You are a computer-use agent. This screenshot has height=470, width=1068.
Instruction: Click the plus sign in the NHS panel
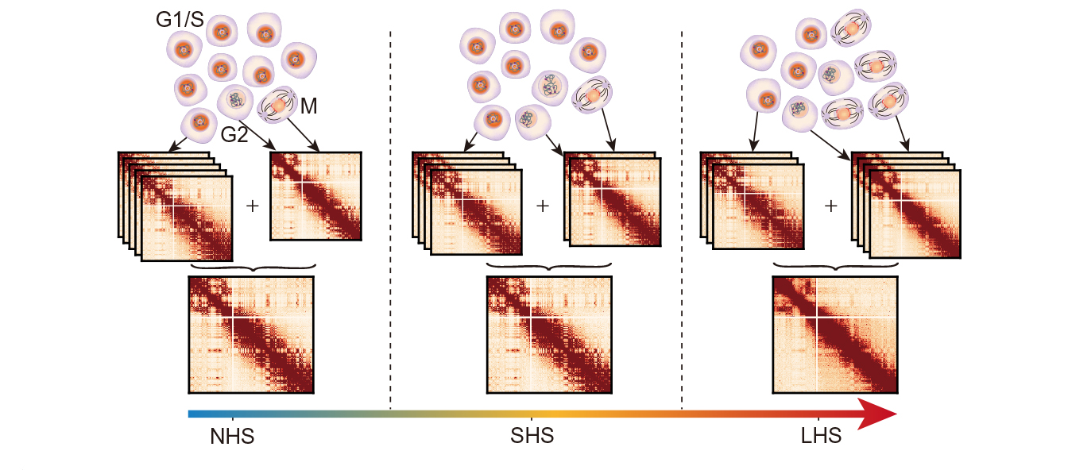tap(253, 206)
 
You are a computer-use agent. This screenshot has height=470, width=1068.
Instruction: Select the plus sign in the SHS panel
tap(543, 206)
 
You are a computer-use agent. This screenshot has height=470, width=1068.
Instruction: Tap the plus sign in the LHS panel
tap(831, 206)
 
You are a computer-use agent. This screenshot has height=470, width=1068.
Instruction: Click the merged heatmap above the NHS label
tap(252, 334)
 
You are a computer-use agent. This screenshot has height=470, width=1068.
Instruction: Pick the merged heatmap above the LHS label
tap(835, 334)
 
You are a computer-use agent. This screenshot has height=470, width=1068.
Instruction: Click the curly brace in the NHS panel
tap(253, 268)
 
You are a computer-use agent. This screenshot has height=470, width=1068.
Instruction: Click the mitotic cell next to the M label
tap(280, 106)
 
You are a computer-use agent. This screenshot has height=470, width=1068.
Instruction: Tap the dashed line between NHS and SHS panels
tap(391, 214)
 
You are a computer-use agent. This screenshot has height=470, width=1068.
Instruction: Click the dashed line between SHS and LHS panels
tap(683, 214)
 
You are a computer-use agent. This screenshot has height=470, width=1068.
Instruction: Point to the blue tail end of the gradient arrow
tap(192, 414)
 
